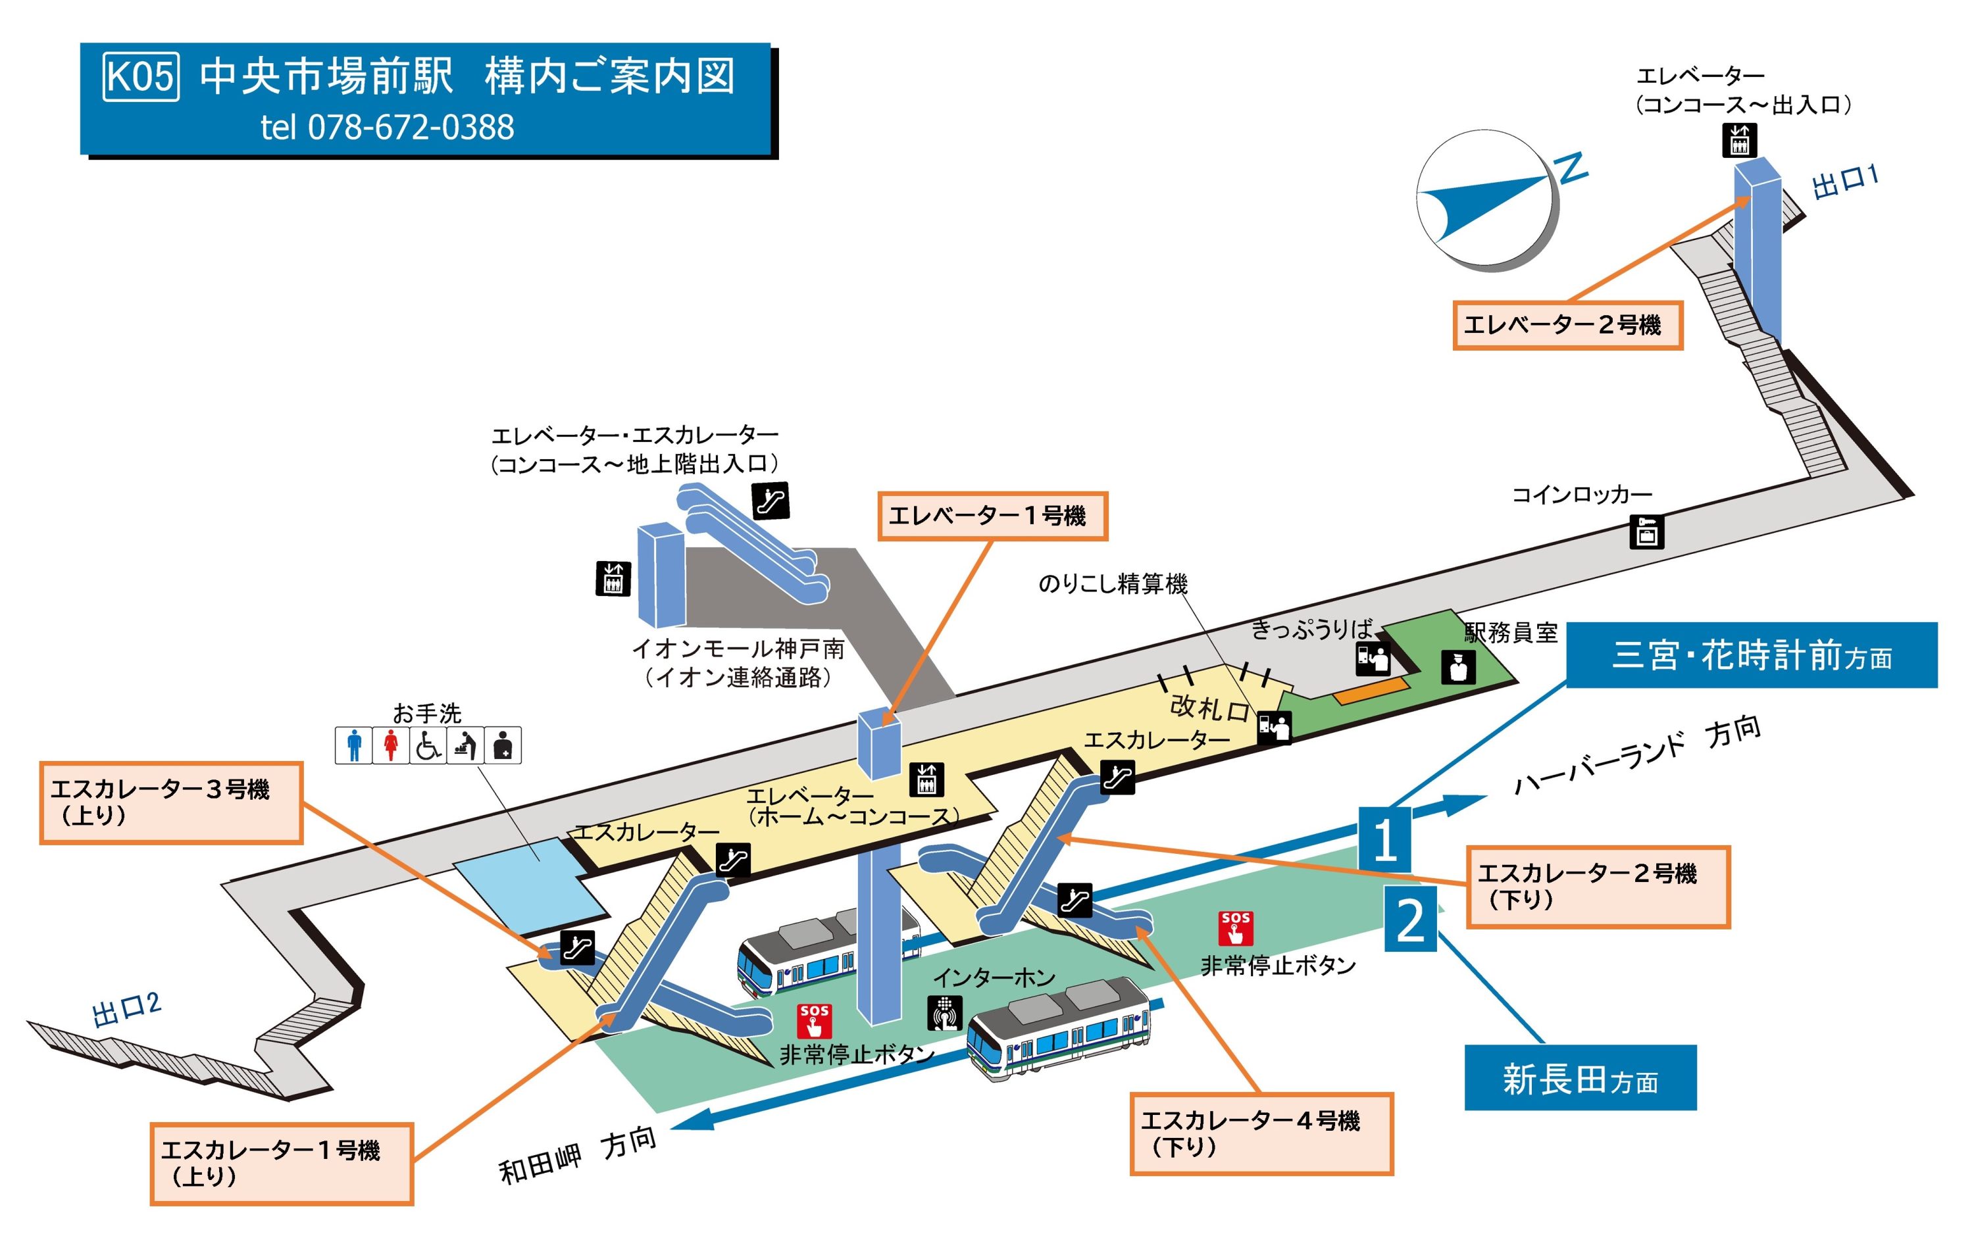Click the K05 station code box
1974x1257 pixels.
coord(140,76)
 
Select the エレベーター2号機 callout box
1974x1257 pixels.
coord(1567,326)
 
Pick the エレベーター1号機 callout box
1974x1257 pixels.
coord(992,516)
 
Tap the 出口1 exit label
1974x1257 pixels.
coord(1845,182)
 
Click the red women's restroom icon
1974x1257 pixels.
coord(390,746)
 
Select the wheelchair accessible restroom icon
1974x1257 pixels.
coord(427,746)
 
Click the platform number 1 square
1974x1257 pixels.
coord(1384,840)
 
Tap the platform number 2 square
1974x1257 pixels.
coord(1410,920)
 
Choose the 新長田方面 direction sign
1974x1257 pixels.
coord(1580,1078)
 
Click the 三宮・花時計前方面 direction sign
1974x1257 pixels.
coord(1751,656)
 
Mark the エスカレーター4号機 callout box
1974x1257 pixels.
coord(1261,1133)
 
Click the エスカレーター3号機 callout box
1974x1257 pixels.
coord(170,802)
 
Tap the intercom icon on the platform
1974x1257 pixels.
coord(944,1013)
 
